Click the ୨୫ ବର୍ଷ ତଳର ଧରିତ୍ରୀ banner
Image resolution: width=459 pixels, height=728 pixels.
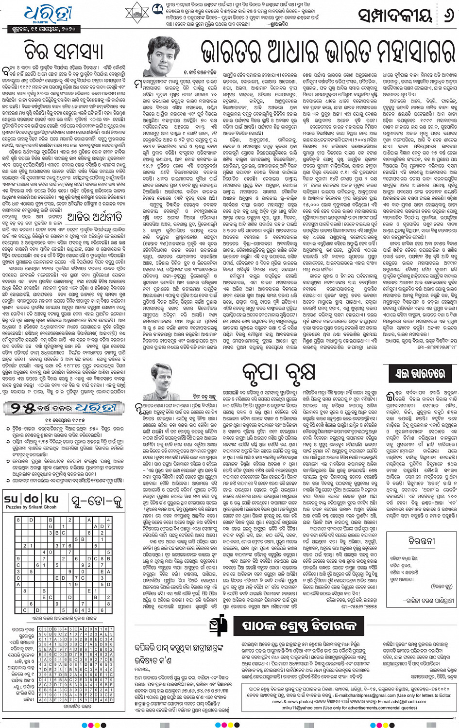64,408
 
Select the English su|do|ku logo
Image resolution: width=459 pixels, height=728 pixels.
31,499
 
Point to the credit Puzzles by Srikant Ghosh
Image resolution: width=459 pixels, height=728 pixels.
31,507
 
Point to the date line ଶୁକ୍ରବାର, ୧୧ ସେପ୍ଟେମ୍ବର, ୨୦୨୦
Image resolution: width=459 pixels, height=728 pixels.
44,30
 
